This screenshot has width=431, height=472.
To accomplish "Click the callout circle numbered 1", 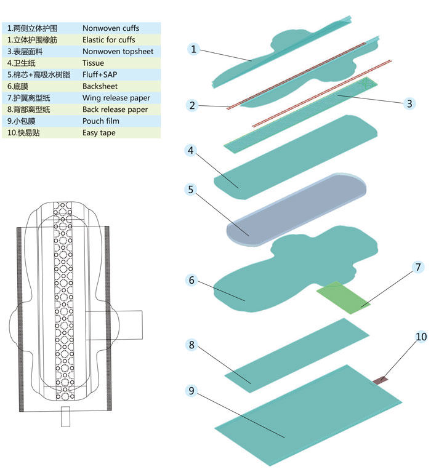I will pyautogui.click(x=195, y=49).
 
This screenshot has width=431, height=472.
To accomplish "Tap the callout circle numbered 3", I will pyautogui.click(x=409, y=103).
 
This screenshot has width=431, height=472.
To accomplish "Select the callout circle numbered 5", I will pyautogui.click(x=191, y=190).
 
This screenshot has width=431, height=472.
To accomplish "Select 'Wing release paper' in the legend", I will pyautogui.click(x=116, y=98).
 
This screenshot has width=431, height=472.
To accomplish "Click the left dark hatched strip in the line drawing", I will pyautogui.click(x=20, y=318).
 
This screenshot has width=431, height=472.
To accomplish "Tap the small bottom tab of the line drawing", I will pyautogui.click(x=66, y=416).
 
